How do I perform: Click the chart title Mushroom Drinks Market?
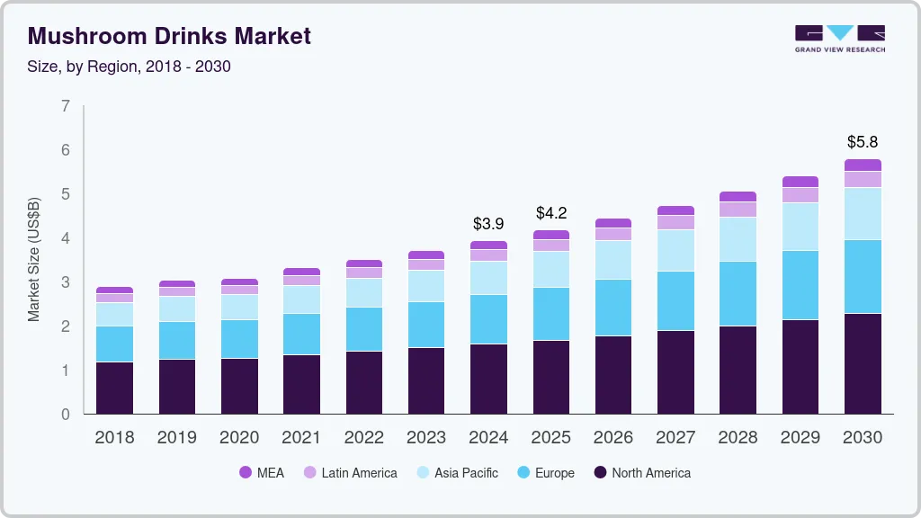[x=169, y=36]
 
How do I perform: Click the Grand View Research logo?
[x=839, y=38]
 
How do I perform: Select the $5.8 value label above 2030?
[x=862, y=142]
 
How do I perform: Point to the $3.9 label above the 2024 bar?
[x=488, y=223]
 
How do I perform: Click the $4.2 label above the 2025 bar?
[x=550, y=213]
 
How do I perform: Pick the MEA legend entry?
[x=262, y=473]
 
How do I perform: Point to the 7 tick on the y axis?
[x=65, y=106]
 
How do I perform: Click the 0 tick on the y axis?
[x=65, y=415]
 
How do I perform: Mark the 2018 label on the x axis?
[x=114, y=438]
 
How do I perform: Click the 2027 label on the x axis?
[x=675, y=438]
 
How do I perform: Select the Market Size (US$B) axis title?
[x=34, y=260]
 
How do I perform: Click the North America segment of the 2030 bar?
[x=863, y=363]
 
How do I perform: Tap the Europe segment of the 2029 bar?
[x=800, y=285]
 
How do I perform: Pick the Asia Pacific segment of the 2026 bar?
[x=613, y=260]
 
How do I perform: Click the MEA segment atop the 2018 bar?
[x=114, y=290]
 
